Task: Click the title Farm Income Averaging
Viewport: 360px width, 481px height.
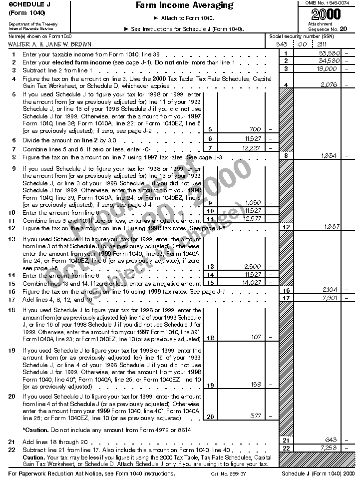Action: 184,5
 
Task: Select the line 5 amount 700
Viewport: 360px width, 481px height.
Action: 255,129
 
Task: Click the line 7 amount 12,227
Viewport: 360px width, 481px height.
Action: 251,148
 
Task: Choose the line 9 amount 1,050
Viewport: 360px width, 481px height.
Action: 254,203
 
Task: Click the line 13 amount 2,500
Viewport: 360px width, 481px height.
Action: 253,267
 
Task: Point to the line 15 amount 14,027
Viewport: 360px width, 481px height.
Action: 251,283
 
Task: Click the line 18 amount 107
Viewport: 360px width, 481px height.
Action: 256,337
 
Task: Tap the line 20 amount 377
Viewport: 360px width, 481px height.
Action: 255,416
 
